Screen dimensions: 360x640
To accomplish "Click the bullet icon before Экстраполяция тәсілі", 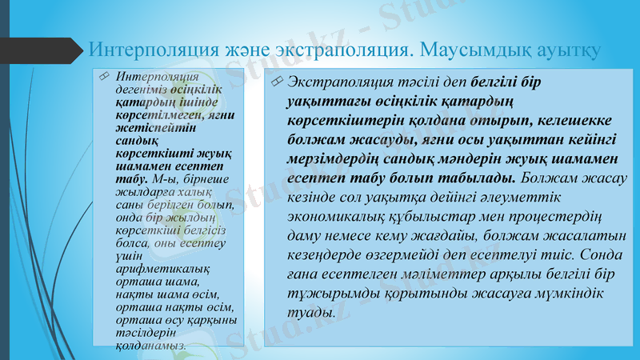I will (x=276, y=81).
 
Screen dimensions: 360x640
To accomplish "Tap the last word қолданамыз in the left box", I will (x=151, y=345).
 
